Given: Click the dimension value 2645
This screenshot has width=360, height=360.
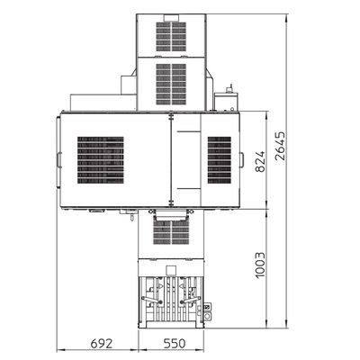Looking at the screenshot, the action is tap(280, 146).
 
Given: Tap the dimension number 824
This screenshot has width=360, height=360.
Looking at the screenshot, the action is tap(260, 161).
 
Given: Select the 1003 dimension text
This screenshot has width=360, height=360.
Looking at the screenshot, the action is tap(260, 265).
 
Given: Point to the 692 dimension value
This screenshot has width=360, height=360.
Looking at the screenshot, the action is tap(102, 344).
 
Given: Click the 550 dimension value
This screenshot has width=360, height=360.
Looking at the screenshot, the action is tap(175, 344).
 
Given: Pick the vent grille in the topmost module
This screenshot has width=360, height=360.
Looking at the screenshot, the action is tap(171, 37).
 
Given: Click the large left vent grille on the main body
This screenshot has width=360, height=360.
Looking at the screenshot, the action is tap(101, 160).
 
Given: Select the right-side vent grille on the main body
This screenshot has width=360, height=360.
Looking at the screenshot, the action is tap(220, 160).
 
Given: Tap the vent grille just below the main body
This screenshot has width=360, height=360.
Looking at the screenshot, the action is tap(171, 232).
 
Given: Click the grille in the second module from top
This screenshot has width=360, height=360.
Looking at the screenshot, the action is tap(171, 84).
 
